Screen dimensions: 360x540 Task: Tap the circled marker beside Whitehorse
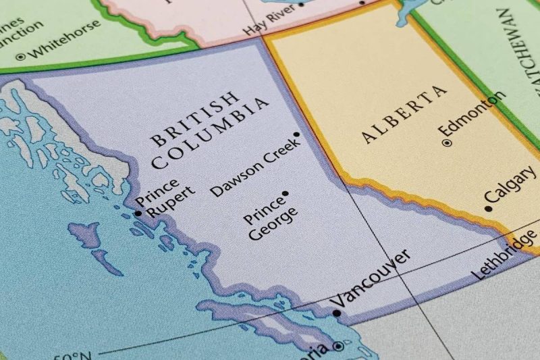coord(21,57)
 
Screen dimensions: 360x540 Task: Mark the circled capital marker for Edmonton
coord(446,143)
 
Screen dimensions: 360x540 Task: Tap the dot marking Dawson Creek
coord(296,134)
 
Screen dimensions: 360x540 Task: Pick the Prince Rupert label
coord(165,197)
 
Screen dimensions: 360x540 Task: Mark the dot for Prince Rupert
coord(138,213)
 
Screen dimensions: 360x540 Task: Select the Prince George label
coord(270,217)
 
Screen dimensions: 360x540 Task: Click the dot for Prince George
coord(285,193)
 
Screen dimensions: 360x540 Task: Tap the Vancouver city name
coord(373,278)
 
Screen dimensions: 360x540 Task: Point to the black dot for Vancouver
coord(337,313)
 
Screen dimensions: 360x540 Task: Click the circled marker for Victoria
coord(338,347)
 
